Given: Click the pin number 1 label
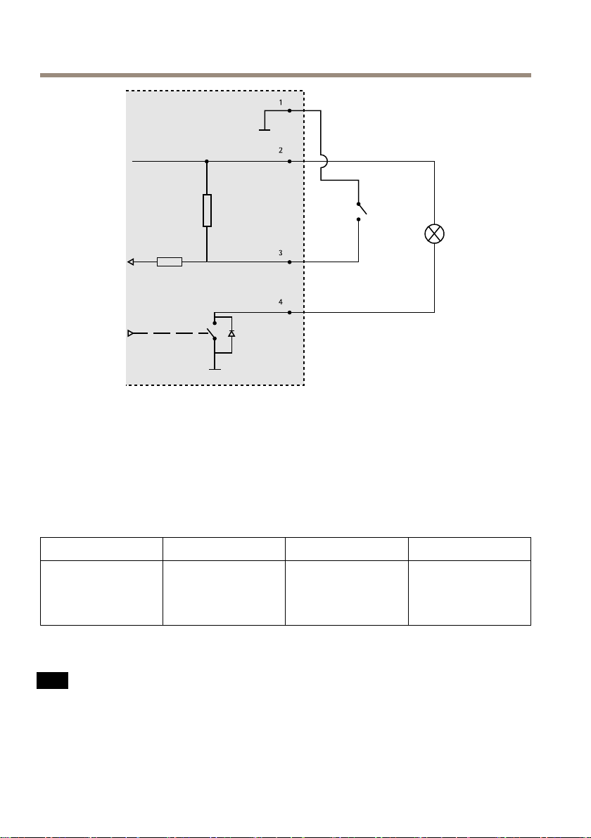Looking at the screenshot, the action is (x=280, y=103).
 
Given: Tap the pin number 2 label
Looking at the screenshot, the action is (x=280, y=151).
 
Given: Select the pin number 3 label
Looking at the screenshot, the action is (x=280, y=252).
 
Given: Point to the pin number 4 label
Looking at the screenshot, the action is (x=280, y=302).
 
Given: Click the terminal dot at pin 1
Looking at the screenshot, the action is (x=290, y=111).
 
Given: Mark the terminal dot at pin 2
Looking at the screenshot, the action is (x=290, y=161).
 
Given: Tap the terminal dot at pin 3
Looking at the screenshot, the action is (x=290, y=262).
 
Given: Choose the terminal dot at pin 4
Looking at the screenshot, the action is (x=290, y=312).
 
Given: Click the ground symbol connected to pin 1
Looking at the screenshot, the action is (x=264, y=129).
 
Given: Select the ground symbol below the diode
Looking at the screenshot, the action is (x=214, y=367).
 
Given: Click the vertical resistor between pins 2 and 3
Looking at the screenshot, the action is (x=207, y=211).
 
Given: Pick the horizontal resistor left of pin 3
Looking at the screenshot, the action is (x=170, y=262).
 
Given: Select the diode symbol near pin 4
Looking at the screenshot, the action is (x=231, y=333).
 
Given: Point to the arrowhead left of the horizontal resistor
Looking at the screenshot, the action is (x=131, y=262).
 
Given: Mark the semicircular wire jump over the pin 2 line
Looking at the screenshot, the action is (x=323, y=161).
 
